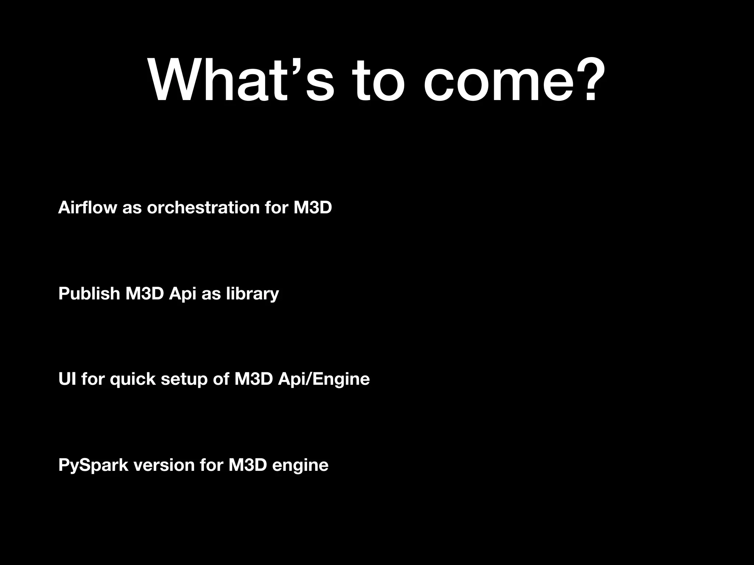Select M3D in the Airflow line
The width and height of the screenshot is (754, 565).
pos(313,207)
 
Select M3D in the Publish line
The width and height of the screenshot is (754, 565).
pos(144,294)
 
